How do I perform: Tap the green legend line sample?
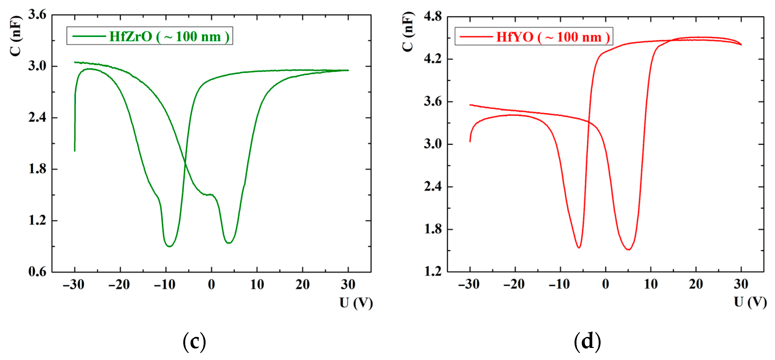(89, 36)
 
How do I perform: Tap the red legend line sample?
(476, 37)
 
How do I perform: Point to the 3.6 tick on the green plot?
(37, 14)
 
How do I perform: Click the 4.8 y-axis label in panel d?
(433, 16)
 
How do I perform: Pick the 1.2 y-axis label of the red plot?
(433, 271)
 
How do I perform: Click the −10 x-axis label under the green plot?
(164, 285)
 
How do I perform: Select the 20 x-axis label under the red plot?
(696, 284)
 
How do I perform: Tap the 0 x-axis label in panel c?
(211, 285)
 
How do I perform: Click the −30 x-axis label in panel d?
(469, 284)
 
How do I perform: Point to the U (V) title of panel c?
(356, 303)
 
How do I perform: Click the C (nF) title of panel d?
(408, 32)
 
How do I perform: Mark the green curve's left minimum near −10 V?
(170, 247)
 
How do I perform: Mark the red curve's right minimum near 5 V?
(628, 249)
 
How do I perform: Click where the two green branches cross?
(185, 163)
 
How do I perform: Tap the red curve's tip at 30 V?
(741, 45)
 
